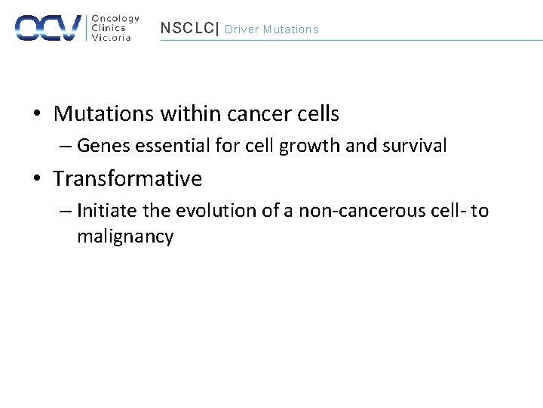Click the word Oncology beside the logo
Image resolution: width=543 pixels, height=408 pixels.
(x=115, y=19)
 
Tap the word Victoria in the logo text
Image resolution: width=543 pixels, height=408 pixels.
(x=111, y=37)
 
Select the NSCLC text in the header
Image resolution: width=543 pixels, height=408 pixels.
(x=186, y=29)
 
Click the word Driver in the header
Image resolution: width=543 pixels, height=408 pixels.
(x=241, y=29)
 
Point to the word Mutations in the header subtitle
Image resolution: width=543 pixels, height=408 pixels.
(x=290, y=29)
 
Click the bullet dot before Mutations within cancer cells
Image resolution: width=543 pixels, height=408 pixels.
(x=37, y=115)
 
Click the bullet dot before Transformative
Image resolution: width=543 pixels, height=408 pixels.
(x=37, y=180)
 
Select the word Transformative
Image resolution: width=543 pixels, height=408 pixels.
(x=127, y=179)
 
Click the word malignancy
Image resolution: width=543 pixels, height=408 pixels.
(x=125, y=236)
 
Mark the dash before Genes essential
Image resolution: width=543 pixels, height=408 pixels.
(x=66, y=146)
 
